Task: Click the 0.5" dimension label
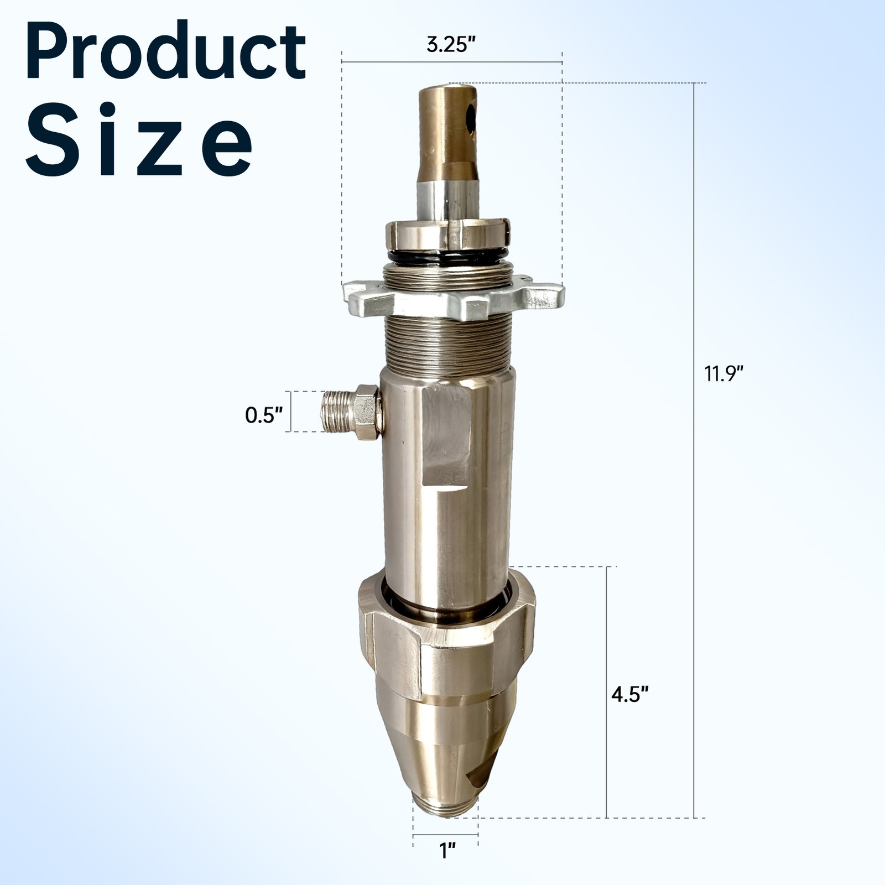click(264, 415)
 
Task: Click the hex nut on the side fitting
click(367, 412)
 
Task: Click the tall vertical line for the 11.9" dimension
click(695, 442)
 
